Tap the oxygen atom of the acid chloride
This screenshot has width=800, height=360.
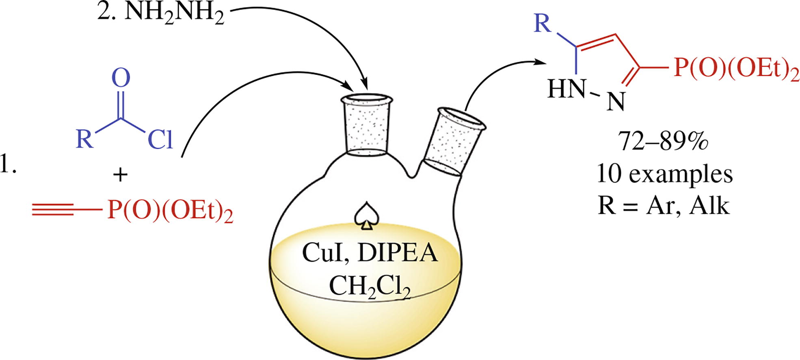pos(121,78)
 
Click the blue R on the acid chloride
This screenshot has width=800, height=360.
pos(85,139)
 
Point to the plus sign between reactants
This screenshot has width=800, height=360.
pos(120,175)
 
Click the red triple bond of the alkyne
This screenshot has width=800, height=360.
pos(53,210)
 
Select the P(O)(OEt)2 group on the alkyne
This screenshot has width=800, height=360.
pos(170,211)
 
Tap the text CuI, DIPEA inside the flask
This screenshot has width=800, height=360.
pos(370,254)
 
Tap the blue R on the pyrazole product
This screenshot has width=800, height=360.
pos(543,24)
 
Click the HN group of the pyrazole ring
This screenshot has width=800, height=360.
pos(566,88)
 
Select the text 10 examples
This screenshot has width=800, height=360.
pos(664,174)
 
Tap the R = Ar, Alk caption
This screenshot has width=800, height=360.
pos(664,206)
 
